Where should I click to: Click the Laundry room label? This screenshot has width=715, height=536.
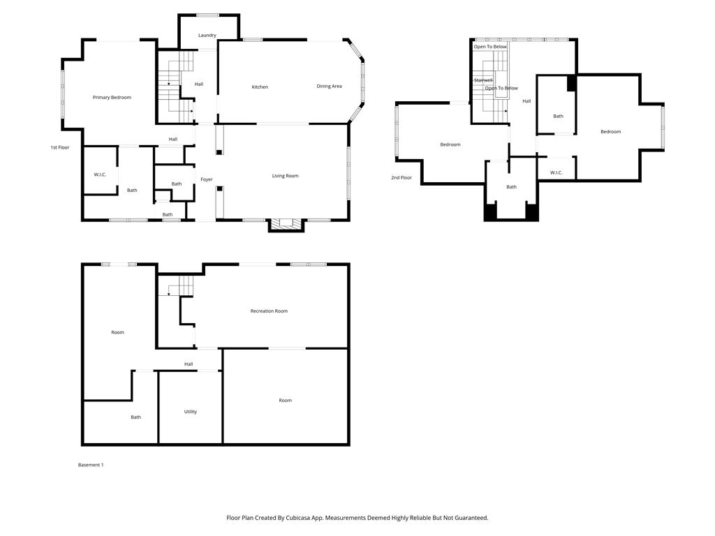point(207,35)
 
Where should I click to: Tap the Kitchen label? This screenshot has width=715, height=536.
point(260,87)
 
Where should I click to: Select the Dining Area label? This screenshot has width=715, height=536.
point(329,86)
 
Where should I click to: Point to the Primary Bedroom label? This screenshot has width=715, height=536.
point(112,97)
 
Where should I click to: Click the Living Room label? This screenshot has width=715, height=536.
point(285,176)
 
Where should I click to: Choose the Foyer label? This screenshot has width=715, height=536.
point(207,179)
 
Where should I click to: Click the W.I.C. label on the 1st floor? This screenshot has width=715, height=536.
point(100,174)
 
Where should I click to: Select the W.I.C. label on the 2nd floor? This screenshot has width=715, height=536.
point(556,172)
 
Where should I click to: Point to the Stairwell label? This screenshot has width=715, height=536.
point(483,80)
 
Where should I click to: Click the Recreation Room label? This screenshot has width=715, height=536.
point(269,311)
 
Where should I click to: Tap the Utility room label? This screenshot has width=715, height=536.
point(190,412)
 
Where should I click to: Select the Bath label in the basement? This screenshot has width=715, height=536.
point(135,417)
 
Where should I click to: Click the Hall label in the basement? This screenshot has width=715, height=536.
point(189,364)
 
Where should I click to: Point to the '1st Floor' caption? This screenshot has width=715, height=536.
point(60,147)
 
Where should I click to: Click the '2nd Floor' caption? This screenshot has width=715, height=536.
point(401,177)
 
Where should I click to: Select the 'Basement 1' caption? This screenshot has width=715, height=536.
point(90,465)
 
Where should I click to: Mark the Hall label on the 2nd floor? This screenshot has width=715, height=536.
point(526,101)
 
